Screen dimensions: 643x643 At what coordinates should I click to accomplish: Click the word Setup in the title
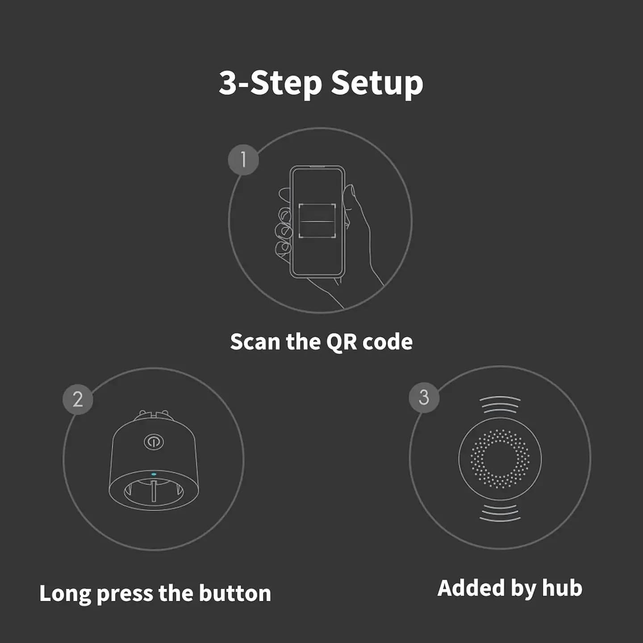pyautogui.click(x=377, y=84)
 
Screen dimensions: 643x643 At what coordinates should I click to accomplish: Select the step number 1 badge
pyautogui.click(x=243, y=159)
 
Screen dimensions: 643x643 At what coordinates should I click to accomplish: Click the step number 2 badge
pyautogui.click(x=78, y=399)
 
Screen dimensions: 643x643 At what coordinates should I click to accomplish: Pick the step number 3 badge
pyautogui.click(x=424, y=397)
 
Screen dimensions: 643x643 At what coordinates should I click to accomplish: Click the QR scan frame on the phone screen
pyautogui.click(x=317, y=221)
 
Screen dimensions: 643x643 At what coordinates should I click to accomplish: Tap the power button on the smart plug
pyautogui.click(x=154, y=442)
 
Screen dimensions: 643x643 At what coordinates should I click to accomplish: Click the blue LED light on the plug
pyautogui.click(x=154, y=475)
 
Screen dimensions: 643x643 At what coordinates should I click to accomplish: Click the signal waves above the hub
pyautogui.click(x=500, y=404)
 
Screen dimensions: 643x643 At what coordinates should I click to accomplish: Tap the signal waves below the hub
pyautogui.click(x=500, y=513)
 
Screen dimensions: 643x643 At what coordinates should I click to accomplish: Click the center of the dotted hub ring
pyautogui.click(x=500, y=459)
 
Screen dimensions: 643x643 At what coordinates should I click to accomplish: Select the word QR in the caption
pyautogui.click(x=342, y=342)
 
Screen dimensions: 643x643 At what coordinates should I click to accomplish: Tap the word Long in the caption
pyautogui.click(x=65, y=594)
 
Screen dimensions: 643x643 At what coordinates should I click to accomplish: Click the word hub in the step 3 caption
pyautogui.click(x=562, y=588)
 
